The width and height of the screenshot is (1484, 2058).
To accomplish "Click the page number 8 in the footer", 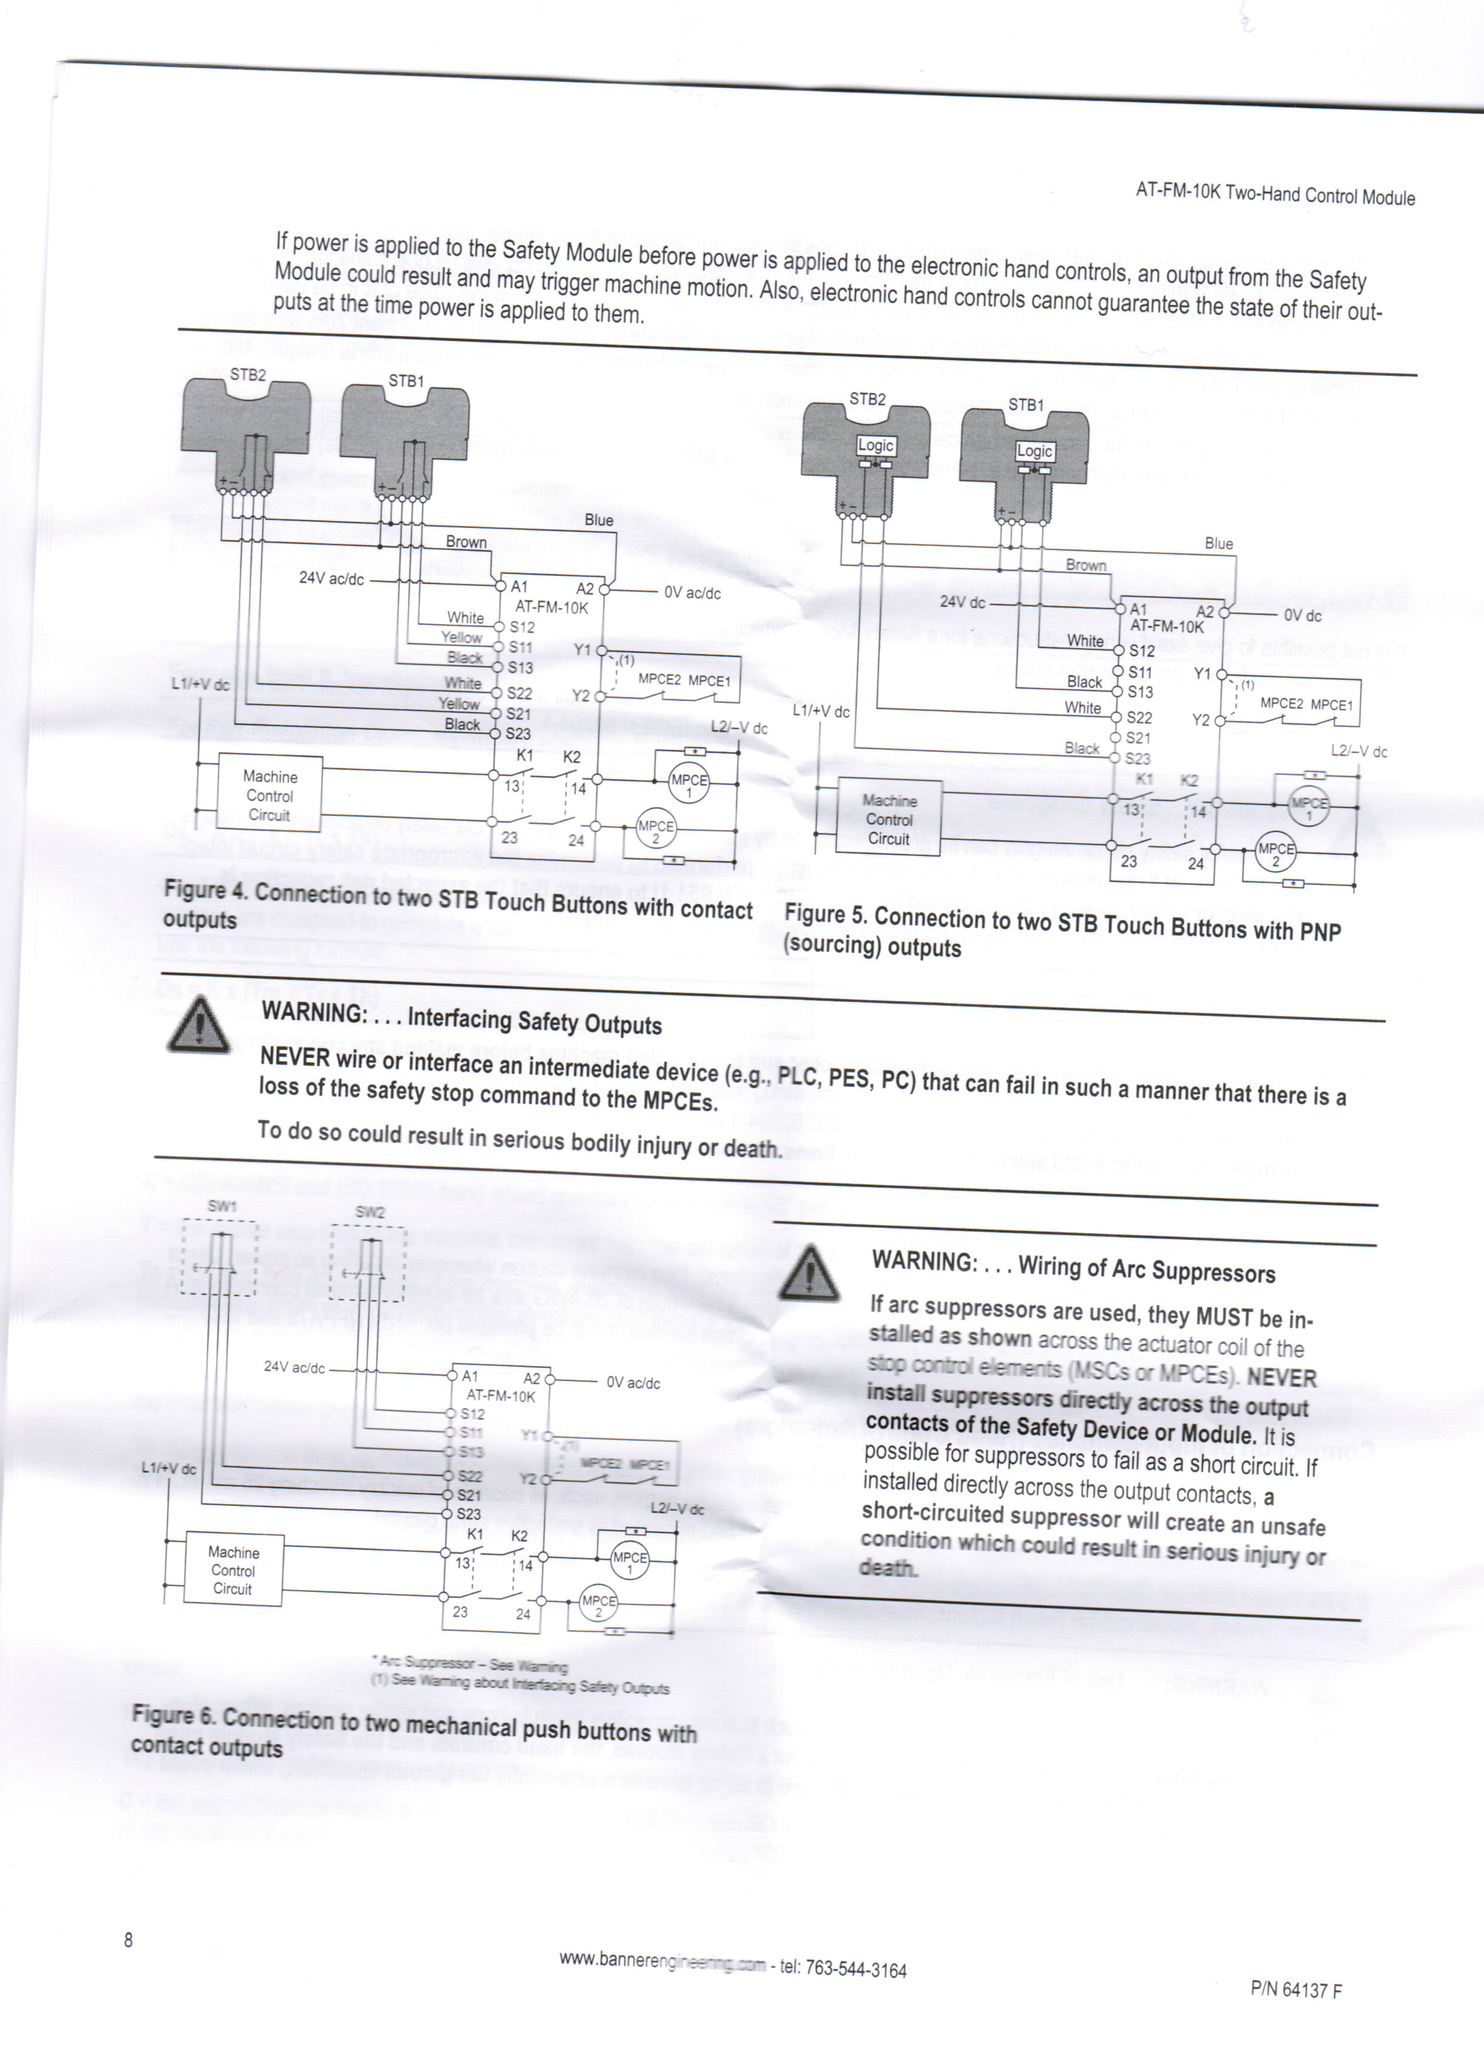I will (x=128, y=1940).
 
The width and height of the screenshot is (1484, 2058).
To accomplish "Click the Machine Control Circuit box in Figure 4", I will (x=269, y=796).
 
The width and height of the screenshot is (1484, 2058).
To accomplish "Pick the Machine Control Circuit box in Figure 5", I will (x=888, y=819).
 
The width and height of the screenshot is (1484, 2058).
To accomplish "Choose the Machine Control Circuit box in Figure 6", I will (x=233, y=1571).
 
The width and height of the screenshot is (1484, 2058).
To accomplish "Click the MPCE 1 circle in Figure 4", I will (x=689, y=785).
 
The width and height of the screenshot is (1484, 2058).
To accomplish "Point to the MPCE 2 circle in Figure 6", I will (x=598, y=1605).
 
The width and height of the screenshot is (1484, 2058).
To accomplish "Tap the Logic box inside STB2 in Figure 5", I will (x=876, y=445).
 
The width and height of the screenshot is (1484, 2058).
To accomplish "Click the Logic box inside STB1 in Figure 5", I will (x=1034, y=451).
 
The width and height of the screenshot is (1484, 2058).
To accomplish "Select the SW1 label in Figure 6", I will (x=222, y=1206).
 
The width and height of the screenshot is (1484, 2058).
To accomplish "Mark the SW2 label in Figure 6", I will (x=369, y=1213).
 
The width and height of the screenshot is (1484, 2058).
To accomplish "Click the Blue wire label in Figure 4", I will (x=598, y=520).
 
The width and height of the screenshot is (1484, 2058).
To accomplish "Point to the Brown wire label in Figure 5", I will (x=1086, y=565).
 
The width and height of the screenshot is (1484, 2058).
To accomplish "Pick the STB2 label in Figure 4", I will (x=248, y=375).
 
